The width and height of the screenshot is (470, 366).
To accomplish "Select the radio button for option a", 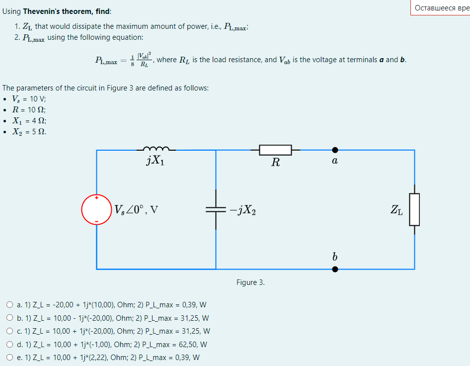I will coord(10,305).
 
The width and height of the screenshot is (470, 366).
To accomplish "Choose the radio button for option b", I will coord(10,318).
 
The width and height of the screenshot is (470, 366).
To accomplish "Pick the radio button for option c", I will coord(10,331).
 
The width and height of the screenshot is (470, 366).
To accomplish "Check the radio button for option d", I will coord(10,344).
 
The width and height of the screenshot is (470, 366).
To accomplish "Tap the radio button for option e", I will coord(10,357).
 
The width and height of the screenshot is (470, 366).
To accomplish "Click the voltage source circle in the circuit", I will coord(96,209).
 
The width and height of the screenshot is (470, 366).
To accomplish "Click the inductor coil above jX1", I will coord(156,148).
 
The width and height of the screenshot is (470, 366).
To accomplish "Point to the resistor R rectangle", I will coord(275,149).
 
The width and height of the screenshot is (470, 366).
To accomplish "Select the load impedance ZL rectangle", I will coord(414,209).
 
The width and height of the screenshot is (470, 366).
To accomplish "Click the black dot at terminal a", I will coord(335,149).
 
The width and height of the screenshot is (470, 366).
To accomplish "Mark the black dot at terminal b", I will coord(335,269).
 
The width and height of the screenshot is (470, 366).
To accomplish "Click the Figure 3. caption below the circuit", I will coord(250,282).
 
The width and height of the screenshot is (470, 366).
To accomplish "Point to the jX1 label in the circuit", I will coord(156,160).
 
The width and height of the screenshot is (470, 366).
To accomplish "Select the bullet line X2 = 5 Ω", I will coord(30,132).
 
